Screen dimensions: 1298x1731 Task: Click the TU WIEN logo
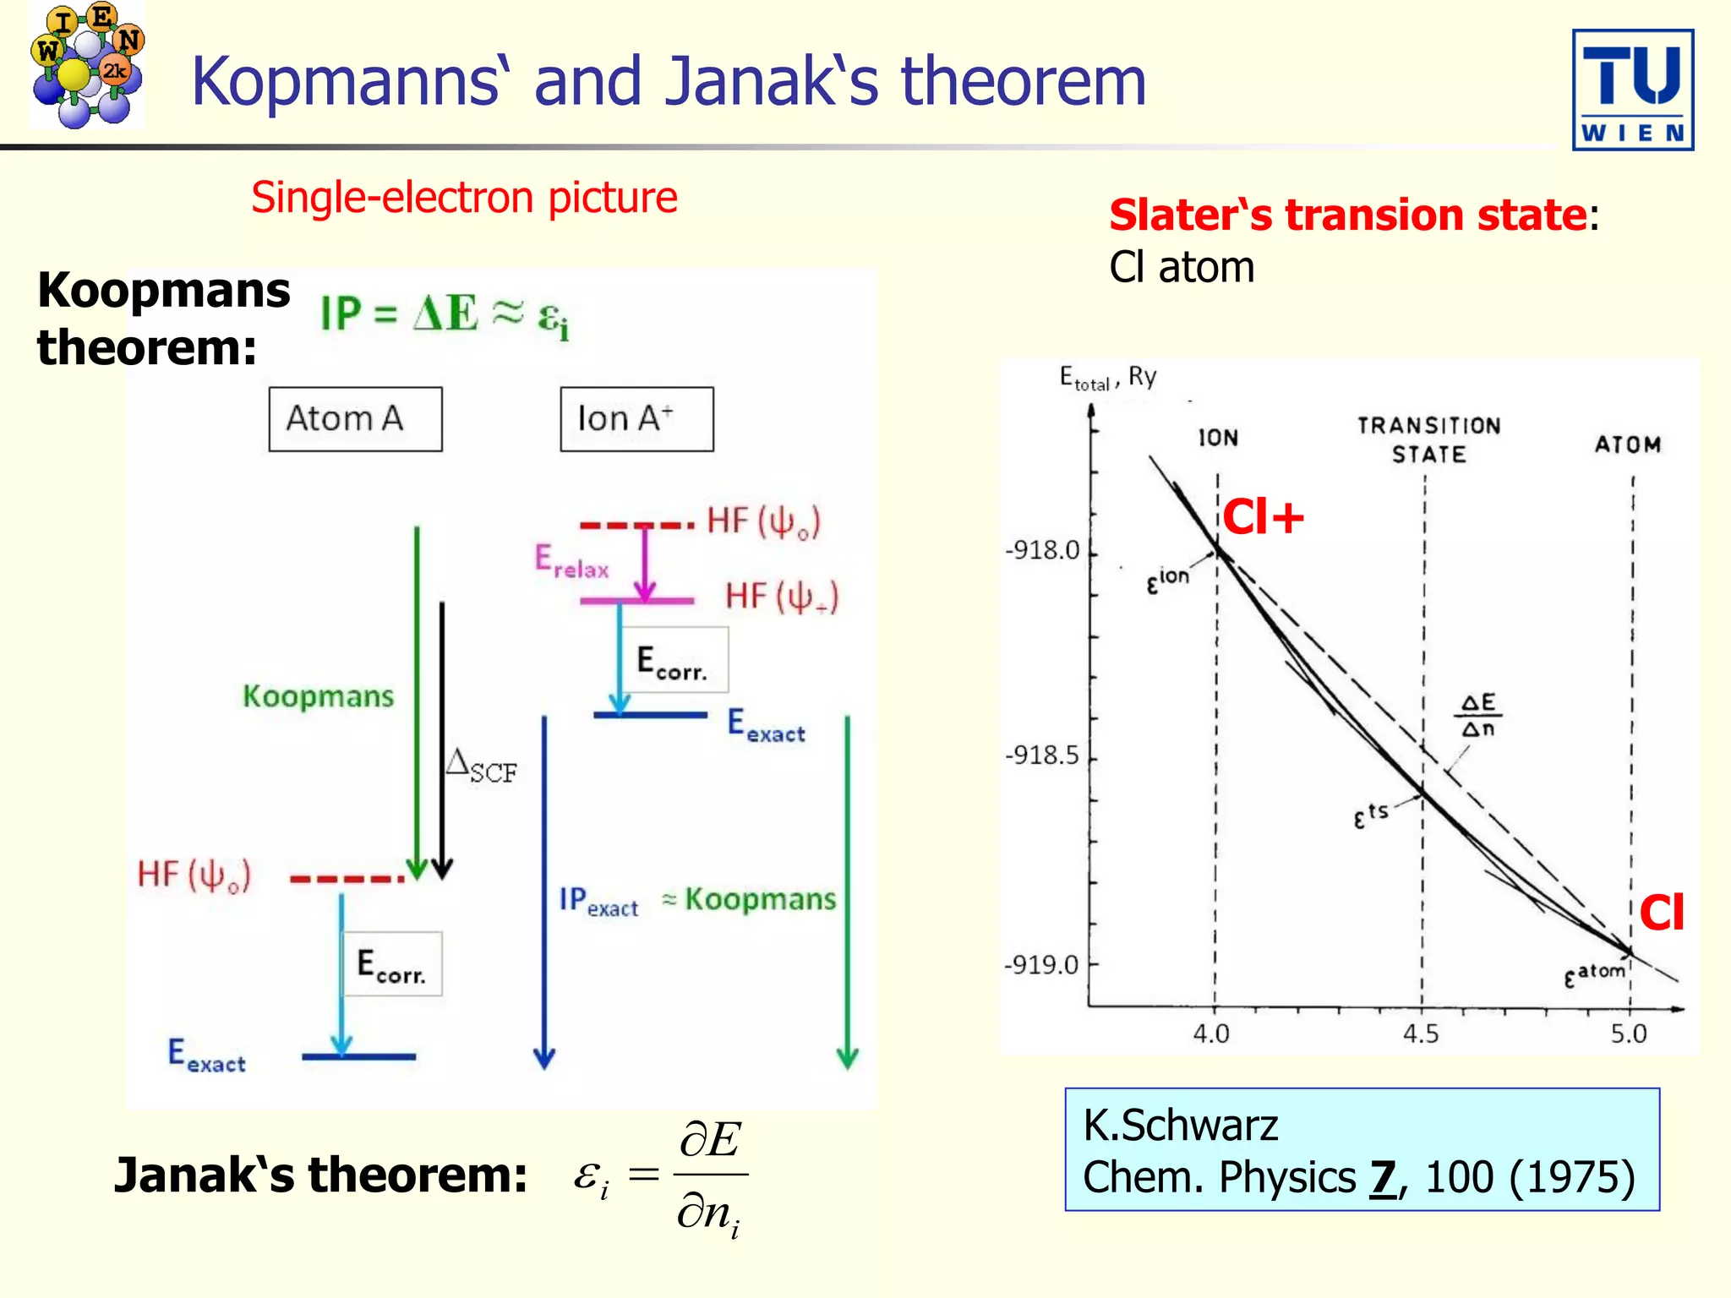point(1632,90)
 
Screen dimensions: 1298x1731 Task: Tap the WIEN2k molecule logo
point(86,65)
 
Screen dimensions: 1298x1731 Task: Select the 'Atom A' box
point(355,419)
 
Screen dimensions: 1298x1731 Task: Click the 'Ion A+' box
point(636,419)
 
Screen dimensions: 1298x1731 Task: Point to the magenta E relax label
point(571,561)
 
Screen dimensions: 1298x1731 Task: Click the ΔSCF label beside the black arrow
point(481,766)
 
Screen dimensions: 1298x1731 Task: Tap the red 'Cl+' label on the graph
point(1263,516)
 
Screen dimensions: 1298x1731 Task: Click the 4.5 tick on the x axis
point(1421,1033)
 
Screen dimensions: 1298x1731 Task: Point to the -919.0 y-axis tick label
point(1041,964)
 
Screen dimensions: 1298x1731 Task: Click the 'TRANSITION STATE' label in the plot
point(1428,439)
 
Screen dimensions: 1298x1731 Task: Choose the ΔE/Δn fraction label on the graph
point(1478,715)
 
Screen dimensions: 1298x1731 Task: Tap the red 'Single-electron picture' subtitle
point(464,198)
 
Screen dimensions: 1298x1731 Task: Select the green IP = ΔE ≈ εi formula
point(445,315)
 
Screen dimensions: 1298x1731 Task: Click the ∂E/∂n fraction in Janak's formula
point(710,1176)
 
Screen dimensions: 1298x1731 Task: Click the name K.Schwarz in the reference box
point(1180,1125)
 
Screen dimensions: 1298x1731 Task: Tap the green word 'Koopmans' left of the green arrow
point(318,696)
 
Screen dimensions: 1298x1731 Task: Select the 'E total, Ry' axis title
point(1107,378)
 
